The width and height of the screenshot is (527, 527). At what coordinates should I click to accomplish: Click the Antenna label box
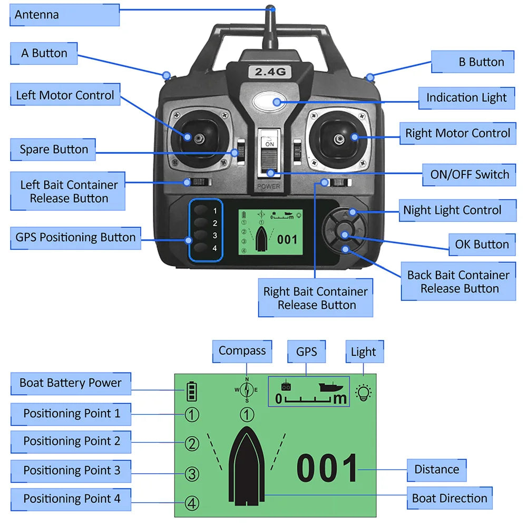(64, 15)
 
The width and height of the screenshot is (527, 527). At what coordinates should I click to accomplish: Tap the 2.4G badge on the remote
(270, 72)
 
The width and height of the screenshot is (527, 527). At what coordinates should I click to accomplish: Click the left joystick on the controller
(198, 138)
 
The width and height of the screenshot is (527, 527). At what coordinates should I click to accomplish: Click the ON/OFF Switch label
(469, 175)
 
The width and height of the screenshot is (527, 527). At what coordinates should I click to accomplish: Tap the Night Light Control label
(456, 210)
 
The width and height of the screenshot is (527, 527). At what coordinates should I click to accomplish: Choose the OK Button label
(482, 245)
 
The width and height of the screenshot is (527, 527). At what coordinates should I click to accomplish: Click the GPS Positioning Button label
(76, 238)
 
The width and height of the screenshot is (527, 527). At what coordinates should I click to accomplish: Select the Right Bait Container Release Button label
(315, 298)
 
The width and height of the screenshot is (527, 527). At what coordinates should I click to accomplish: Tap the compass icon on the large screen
(247, 391)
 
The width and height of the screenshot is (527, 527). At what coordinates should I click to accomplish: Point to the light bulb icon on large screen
(364, 393)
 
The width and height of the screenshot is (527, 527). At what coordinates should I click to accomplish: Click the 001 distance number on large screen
(327, 469)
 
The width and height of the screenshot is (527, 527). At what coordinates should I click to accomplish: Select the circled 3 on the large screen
(192, 474)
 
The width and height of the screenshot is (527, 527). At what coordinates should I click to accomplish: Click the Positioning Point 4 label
(71, 499)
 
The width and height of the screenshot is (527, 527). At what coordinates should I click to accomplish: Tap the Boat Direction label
(449, 499)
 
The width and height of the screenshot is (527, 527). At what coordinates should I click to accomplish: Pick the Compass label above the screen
(242, 351)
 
